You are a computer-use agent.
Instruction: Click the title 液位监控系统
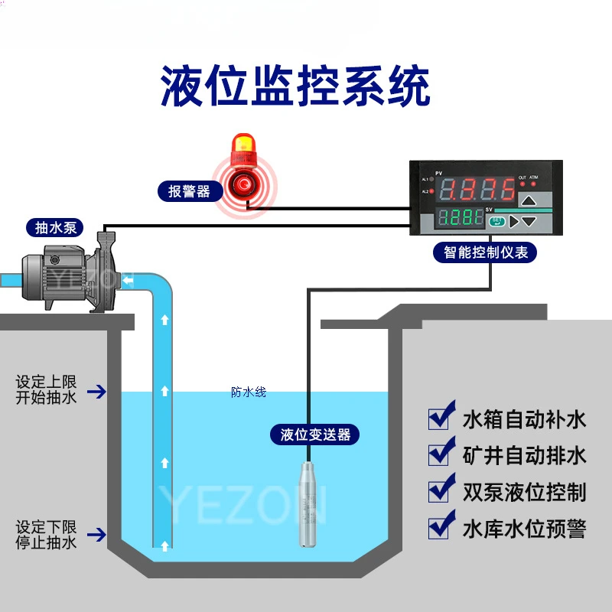click(x=295, y=86)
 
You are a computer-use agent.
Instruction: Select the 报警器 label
click(x=190, y=191)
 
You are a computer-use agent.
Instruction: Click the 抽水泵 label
click(x=55, y=227)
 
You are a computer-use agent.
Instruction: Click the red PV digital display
click(x=477, y=190)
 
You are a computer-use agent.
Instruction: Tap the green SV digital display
click(x=461, y=217)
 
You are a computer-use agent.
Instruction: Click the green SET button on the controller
click(x=496, y=221)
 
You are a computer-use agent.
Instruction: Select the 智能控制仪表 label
click(x=485, y=252)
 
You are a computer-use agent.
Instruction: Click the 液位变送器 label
click(x=314, y=435)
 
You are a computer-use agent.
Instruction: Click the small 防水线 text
click(x=249, y=392)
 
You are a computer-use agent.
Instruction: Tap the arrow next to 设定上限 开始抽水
click(x=96, y=392)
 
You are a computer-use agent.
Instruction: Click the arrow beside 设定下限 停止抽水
click(x=96, y=535)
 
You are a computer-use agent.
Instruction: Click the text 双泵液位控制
click(x=525, y=492)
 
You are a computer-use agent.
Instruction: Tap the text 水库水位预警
click(x=525, y=529)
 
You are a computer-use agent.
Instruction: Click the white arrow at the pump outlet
click(x=128, y=280)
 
